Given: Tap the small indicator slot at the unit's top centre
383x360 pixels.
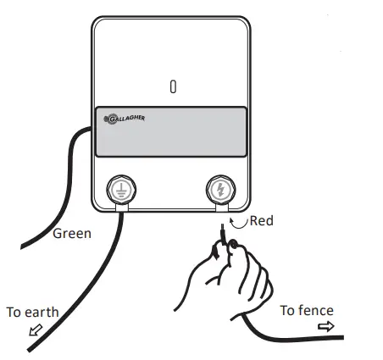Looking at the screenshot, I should pos(173,87).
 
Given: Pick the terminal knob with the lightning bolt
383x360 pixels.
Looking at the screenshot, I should pos(220,189).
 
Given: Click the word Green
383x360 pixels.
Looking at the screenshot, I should pos(72,233).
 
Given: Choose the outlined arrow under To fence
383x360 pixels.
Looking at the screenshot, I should pos(325,325).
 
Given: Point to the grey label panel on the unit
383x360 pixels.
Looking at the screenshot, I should pos(170,132).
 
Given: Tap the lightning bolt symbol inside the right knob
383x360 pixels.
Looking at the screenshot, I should pos(220,190).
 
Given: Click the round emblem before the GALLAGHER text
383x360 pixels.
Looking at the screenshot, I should pos(108,120).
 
